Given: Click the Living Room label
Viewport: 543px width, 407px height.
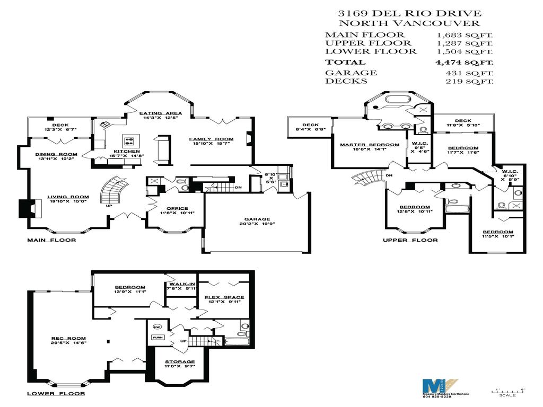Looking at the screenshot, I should point(69,197).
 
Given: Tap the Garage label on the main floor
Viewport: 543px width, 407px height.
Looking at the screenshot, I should point(257,219).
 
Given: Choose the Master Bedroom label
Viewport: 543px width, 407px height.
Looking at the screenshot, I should point(370,145).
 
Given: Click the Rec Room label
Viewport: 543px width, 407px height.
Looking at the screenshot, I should point(68,338).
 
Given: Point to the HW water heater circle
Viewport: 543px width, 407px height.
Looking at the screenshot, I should point(157,326).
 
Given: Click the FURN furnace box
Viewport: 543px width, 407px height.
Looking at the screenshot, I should point(157,337).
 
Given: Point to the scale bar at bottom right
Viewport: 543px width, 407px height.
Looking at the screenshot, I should point(508,391).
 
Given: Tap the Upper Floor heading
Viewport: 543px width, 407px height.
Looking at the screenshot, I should point(410,240).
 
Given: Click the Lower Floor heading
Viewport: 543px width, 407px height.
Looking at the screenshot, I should point(56,394).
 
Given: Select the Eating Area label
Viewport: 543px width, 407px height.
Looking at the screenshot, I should point(161,113).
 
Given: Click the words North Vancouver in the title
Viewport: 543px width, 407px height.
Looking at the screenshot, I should point(409,23).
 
